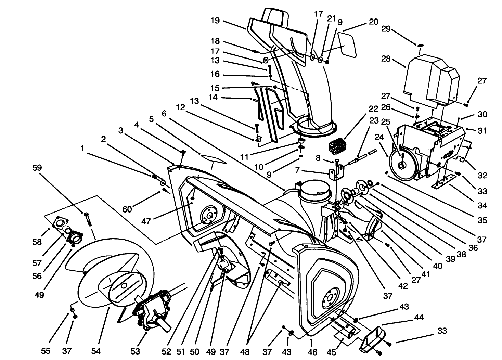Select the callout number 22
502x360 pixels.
point(373,109)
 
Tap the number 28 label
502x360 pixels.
point(386,59)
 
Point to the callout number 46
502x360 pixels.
point(313,351)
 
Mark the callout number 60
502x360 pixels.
point(127,209)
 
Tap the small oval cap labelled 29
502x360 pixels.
point(420,45)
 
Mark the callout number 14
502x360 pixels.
point(213,97)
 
